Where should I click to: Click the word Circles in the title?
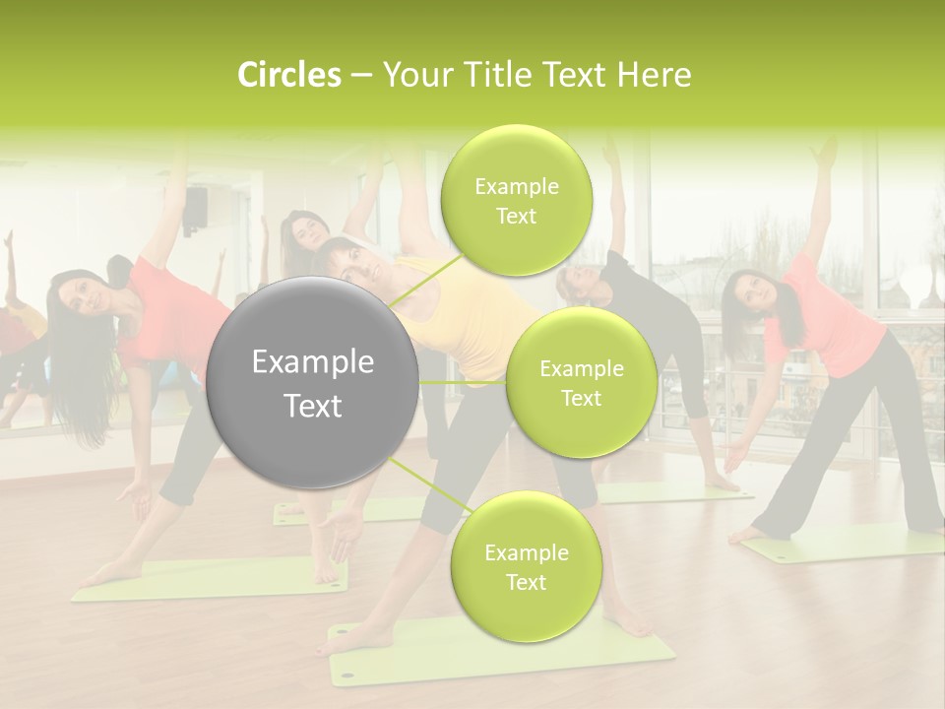[x=288, y=75]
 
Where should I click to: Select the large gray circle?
[x=312, y=382]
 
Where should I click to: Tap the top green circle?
[x=517, y=200]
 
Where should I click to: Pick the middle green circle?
[x=581, y=383]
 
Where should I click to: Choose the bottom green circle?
[x=526, y=566]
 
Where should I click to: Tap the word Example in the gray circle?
[x=312, y=362]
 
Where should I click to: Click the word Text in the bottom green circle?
[x=526, y=582]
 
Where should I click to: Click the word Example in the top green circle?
[x=517, y=186]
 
